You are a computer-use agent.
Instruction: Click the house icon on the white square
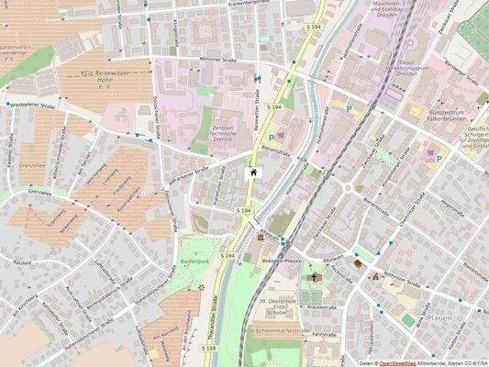click(x=253, y=172)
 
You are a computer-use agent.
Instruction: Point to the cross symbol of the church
click(x=315, y=275)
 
